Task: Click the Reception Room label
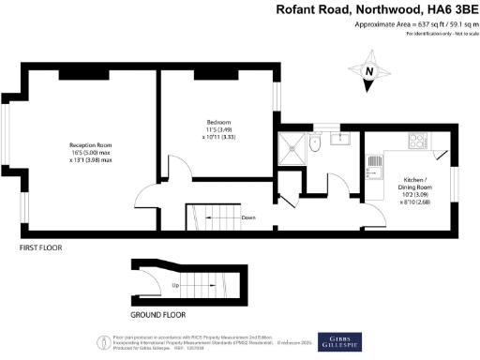coord(90,144)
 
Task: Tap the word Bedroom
coord(218,122)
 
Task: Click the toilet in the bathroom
coord(316,144)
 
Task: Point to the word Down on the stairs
coord(248,217)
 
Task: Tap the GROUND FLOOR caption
coord(153,316)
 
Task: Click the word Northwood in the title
coord(372,11)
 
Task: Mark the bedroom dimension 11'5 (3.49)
coord(218,130)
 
